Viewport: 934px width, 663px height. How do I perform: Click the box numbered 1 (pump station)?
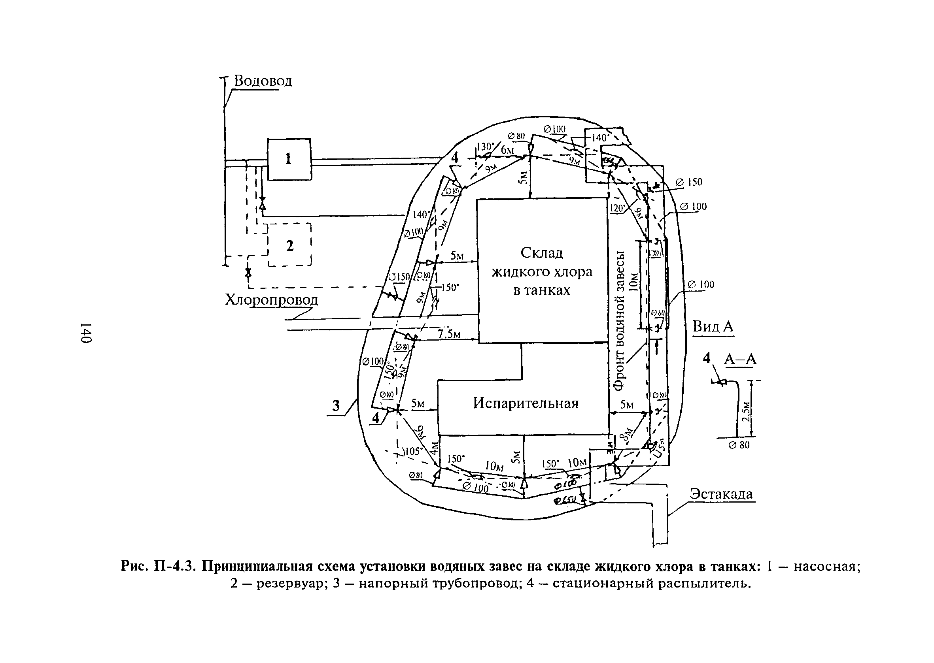coord(289,159)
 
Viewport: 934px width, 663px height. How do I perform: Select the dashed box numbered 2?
coord(290,245)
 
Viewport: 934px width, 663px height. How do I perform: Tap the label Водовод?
coord(263,81)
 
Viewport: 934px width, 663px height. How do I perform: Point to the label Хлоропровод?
coord(271,300)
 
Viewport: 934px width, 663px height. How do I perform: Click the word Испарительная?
coord(526,403)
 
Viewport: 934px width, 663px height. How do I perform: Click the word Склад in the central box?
coord(541,253)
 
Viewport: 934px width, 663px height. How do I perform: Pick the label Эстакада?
coord(721,494)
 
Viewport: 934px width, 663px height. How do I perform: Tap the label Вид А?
coord(713,327)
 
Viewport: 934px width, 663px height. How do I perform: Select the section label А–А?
coord(740,359)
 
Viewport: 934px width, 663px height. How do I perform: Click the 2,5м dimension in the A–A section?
coord(746,412)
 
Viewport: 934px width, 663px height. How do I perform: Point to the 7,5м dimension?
coord(450,334)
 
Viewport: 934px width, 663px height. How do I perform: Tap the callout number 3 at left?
coord(336,406)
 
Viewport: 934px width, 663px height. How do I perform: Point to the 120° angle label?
coord(617,208)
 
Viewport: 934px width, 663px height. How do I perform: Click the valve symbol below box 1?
coord(262,202)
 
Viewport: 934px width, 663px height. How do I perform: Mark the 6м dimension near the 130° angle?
coord(507,150)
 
